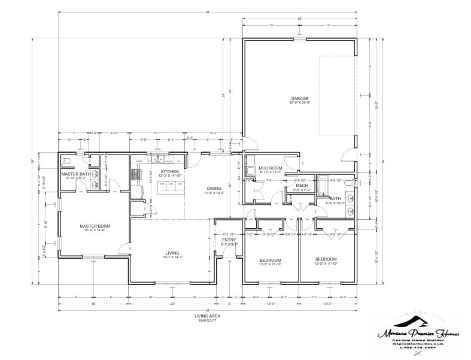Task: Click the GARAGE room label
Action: coord(299,98)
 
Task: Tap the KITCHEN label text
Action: coord(169,172)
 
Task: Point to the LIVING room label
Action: coord(172,253)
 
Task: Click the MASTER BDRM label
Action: coord(95,226)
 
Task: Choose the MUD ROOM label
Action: coord(270,168)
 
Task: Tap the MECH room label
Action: coord(302,186)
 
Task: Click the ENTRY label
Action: coord(229,240)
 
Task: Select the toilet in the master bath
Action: coord(67,162)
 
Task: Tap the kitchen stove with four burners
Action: coord(136,174)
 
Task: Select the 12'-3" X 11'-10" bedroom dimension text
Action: coord(270,264)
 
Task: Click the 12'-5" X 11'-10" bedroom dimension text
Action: coord(326,264)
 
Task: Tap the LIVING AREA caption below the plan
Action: coord(205,315)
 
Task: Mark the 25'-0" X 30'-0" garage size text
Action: coord(299,102)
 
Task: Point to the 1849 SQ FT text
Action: coord(205,320)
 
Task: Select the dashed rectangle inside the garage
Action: coord(337,96)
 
